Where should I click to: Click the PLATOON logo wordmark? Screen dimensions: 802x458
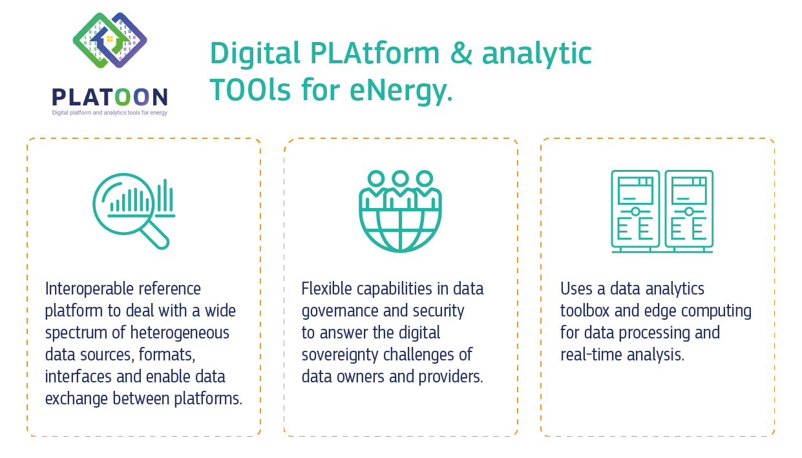click(110, 97)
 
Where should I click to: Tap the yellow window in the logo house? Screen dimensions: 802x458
click(110, 39)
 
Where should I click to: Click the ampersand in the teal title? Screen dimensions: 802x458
click(461, 53)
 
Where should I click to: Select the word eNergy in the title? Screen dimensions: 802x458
click(401, 90)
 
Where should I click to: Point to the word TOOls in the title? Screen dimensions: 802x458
click(250, 89)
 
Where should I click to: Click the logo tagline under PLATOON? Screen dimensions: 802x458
click(110, 112)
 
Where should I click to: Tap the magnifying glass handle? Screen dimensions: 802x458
click(154, 234)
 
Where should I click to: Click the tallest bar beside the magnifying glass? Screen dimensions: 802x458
click(165, 195)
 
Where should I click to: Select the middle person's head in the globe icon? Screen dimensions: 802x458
click(400, 178)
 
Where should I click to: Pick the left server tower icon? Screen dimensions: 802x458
click(635, 211)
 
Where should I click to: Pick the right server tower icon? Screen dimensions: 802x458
click(689, 211)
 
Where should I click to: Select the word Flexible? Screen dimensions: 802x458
click(326, 289)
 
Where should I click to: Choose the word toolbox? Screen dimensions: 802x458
click(585, 311)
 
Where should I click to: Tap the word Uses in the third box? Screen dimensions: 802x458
click(576, 289)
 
